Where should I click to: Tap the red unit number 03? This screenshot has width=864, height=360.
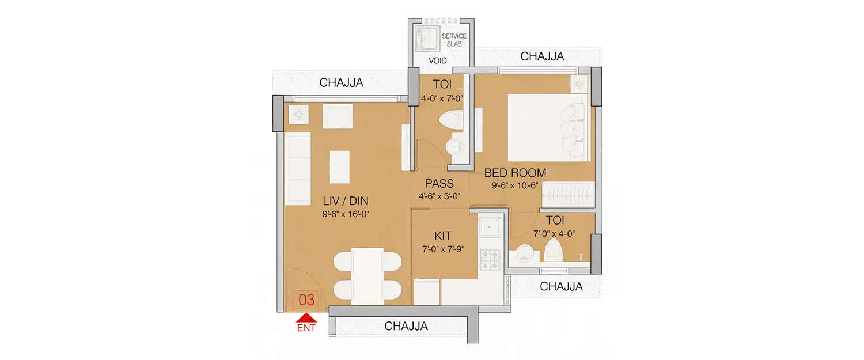306,300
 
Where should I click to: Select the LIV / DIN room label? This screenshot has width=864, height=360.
345,201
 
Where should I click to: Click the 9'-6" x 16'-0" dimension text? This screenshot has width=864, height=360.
345,214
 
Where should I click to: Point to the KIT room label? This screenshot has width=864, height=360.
442,236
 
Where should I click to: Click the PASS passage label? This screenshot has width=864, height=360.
439,184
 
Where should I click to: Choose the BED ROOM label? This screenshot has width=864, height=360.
515,173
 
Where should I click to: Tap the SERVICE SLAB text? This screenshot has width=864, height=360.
454,40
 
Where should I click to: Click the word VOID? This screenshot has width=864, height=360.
438,60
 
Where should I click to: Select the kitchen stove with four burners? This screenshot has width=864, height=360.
490,260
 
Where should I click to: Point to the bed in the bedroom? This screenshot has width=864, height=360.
548,127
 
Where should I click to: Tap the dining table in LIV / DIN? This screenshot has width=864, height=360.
367,275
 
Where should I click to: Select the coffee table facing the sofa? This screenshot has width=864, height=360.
339,166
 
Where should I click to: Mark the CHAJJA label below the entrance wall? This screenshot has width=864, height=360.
406,326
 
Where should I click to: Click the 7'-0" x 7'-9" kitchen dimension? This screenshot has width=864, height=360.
442,249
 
